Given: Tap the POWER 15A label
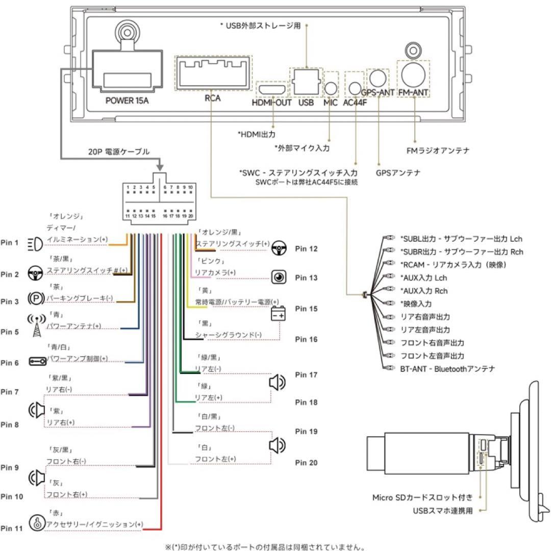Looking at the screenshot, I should [127, 100].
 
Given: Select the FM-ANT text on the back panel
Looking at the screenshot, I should [413, 93].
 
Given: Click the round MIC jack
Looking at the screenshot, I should [332, 88].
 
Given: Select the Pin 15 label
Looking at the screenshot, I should [306, 309].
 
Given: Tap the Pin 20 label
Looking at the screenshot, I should [306, 463].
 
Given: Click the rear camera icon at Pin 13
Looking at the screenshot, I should [279, 278].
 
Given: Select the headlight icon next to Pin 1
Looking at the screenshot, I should [35, 244].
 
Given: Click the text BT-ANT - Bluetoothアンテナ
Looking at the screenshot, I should [447, 368].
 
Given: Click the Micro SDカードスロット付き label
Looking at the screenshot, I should [422, 496].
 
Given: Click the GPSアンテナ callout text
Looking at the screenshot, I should [397, 173].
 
